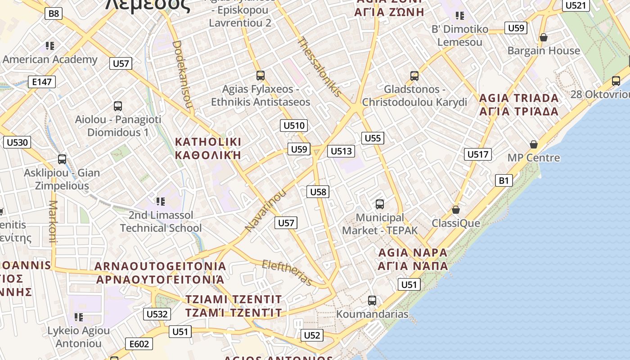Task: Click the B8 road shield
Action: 54,13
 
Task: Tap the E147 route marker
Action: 42,82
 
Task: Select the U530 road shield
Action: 17,143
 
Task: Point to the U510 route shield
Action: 294,126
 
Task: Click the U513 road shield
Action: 341,151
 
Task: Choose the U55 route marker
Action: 373,138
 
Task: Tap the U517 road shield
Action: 477,154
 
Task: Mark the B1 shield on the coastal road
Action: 504,181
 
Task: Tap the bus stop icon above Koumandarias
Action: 372,301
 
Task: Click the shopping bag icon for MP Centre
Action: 534,144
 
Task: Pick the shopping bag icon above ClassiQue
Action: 456,210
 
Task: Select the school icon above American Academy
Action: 50,45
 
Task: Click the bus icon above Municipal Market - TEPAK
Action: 380,204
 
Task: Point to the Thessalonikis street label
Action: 319,67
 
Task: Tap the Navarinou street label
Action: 265,211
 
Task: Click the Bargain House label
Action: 544,51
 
